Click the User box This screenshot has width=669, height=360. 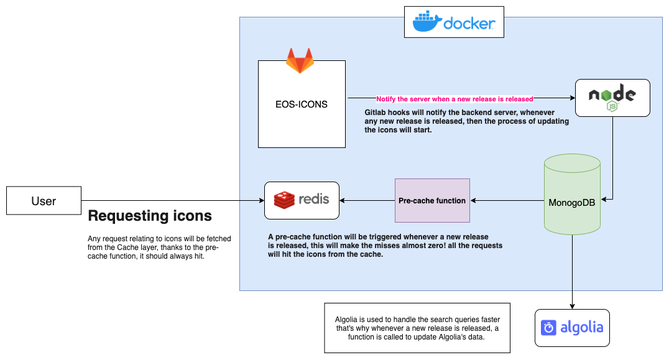44,201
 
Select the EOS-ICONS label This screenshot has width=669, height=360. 302,104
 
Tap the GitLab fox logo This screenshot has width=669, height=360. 300,61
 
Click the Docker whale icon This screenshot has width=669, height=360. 427,22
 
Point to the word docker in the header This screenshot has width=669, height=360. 469,23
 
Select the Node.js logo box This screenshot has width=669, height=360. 612,98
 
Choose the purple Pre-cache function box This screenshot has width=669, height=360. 432,201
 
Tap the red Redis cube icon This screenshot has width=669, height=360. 284,200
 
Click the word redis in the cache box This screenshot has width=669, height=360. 314,200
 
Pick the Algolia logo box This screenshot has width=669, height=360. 572,328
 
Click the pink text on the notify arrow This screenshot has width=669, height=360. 454,99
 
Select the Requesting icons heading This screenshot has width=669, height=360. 150,216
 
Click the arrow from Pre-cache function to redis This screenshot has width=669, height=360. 367,201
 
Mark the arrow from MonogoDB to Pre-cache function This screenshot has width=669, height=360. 507,201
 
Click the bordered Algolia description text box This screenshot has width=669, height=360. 417,328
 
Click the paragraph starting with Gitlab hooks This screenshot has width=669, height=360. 466,121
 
